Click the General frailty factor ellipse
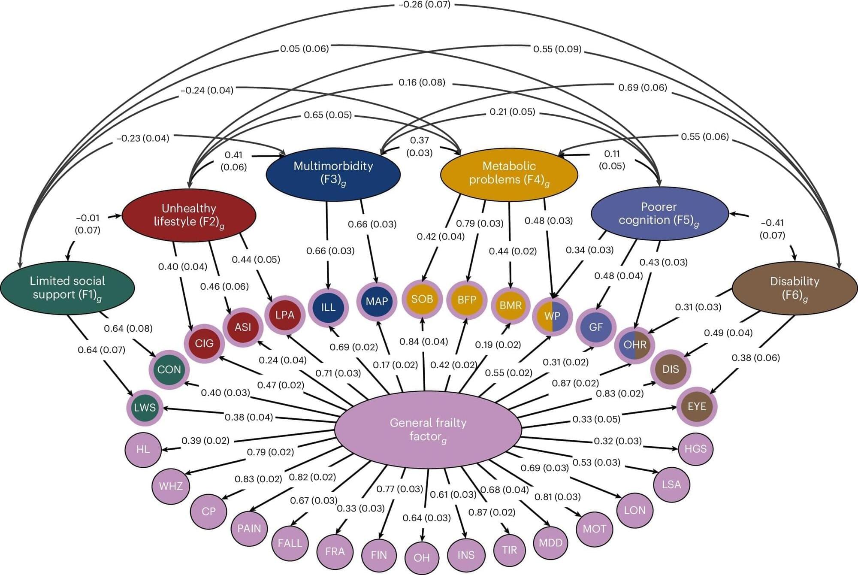(428, 429)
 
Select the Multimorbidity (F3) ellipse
(333, 173)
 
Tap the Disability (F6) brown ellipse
(795, 288)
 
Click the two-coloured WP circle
(552, 316)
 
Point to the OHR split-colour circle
(635, 345)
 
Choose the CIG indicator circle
(204, 343)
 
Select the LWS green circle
(145, 407)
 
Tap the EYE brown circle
(697, 406)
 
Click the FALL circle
(290, 543)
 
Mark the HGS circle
(695, 449)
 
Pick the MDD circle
(550, 543)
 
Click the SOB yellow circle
(422, 299)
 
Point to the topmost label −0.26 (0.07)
(424, 5)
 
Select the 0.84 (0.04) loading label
(423, 342)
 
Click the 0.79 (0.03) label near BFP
(480, 224)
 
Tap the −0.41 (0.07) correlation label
(772, 229)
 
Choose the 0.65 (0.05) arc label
(328, 115)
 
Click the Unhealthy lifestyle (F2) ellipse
(189, 215)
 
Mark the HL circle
(143, 449)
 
